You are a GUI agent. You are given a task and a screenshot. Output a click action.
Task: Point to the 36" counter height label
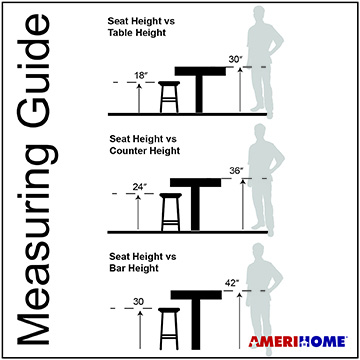[x=236, y=171]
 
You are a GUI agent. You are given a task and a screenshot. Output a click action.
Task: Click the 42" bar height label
[x=232, y=283]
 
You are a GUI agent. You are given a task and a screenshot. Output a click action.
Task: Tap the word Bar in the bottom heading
[x=117, y=268]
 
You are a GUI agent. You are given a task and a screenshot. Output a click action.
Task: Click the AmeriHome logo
[x=298, y=342]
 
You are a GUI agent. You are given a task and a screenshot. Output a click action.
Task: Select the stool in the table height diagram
[x=169, y=97]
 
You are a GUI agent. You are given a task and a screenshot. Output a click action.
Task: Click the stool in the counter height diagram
[x=171, y=212]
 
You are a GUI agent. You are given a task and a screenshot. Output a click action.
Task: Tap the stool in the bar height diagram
[x=169, y=329]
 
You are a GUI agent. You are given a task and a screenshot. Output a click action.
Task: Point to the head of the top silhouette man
[x=259, y=15]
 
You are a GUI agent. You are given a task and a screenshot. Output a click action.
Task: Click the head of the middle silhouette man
[x=260, y=133]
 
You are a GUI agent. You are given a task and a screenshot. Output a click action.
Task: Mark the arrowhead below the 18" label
[x=139, y=86]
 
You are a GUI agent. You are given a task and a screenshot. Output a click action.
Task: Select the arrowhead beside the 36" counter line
[x=243, y=182]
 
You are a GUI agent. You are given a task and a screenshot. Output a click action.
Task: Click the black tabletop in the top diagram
[x=200, y=71]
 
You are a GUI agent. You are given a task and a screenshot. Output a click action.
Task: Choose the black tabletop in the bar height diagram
[x=196, y=295]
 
